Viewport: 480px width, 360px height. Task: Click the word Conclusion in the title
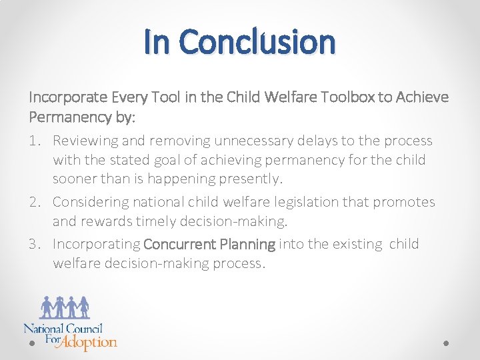pyautogui.click(x=257, y=41)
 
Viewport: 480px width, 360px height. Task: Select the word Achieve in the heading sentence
pyautogui.click(x=423, y=97)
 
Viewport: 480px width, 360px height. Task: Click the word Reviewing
pyautogui.click(x=83, y=141)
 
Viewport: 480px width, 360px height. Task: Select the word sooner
pyautogui.click(x=74, y=179)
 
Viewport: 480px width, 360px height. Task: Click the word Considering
pyautogui.click(x=90, y=202)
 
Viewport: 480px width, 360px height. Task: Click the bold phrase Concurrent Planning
pyautogui.click(x=209, y=244)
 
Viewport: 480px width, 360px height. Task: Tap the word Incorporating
pyautogui.click(x=96, y=244)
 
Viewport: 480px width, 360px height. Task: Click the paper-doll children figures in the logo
pyautogui.click(x=65, y=307)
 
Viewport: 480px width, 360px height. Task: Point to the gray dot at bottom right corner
pyautogui.click(x=446, y=343)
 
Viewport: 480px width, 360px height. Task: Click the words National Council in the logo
pyautogui.click(x=63, y=328)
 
